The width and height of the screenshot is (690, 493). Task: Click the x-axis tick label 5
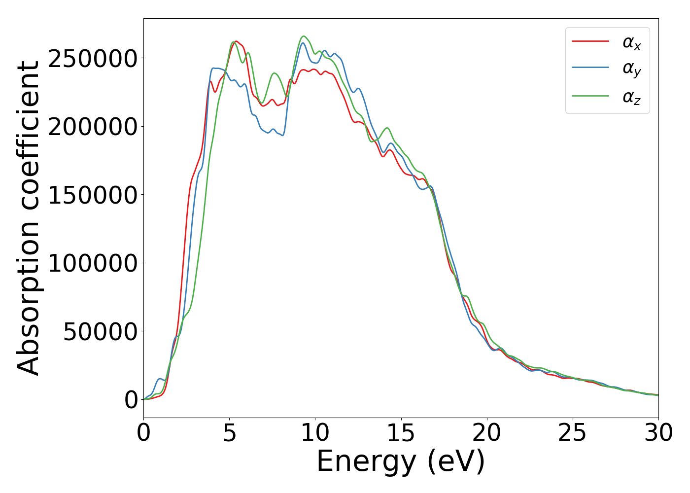(x=229, y=433)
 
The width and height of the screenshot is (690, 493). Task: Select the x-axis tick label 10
(x=315, y=433)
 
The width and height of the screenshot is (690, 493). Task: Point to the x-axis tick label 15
(x=401, y=433)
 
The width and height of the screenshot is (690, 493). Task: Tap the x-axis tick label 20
(x=486, y=433)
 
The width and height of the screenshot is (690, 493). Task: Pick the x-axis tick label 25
(x=572, y=433)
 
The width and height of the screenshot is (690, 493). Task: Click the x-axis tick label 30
(x=658, y=433)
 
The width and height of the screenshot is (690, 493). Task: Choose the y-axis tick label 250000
(x=93, y=59)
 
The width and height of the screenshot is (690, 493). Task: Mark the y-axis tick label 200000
(x=93, y=127)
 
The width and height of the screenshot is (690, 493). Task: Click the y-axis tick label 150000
(x=93, y=195)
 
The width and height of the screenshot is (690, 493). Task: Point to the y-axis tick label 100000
(x=93, y=263)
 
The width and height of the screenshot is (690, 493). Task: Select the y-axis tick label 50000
(x=100, y=332)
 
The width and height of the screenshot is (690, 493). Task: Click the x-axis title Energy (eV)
(x=401, y=462)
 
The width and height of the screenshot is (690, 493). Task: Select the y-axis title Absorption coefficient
(x=29, y=218)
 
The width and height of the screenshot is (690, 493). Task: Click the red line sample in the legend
(x=590, y=41)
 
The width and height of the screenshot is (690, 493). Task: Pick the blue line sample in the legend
(x=590, y=69)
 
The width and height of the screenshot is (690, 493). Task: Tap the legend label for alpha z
(x=631, y=97)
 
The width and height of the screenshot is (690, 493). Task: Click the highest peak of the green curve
(x=304, y=36)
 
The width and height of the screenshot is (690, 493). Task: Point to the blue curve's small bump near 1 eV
(x=160, y=379)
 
